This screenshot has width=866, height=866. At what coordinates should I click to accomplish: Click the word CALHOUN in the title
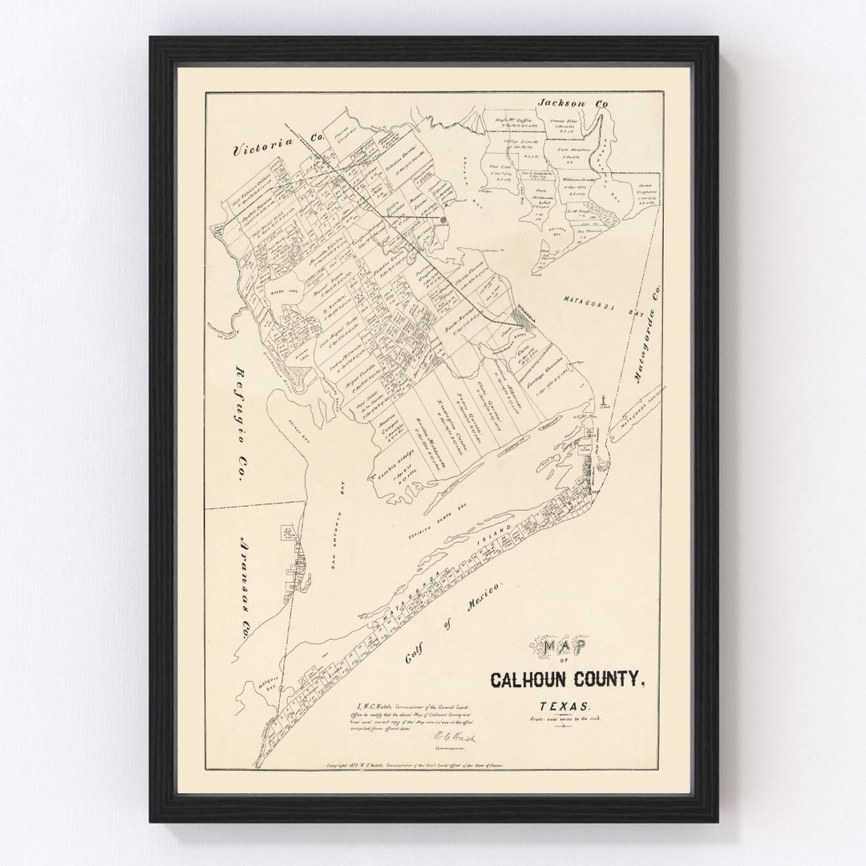[532, 679]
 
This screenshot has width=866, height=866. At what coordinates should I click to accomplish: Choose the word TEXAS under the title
[566, 706]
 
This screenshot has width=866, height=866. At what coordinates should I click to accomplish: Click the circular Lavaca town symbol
[443, 218]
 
